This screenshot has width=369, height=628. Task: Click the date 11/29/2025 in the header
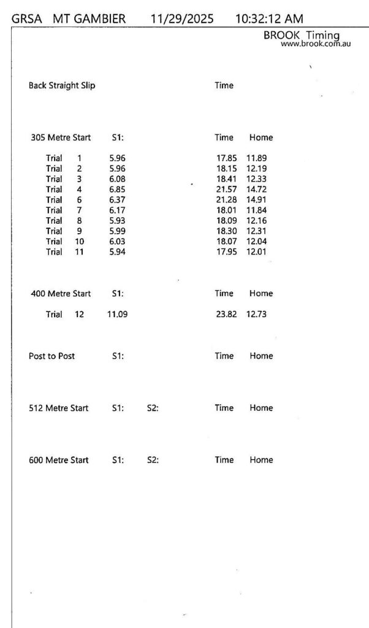(x=181, y=19)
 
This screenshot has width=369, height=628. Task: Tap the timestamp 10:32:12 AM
(x=269, y=19)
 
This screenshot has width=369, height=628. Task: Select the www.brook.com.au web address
(x=316, y=44)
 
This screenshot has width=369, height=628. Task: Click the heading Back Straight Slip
(x=62, y=85)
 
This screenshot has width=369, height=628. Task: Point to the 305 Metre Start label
(x=61, y=137)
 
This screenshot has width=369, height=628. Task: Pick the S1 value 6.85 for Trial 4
(x=117, y=189)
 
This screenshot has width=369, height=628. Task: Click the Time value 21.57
(x=226, y=189)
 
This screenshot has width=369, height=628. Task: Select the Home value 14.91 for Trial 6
(x=256, y=199)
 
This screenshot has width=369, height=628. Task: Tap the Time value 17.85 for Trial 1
(x=226, y=158)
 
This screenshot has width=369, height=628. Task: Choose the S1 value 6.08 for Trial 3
(x=117, y=178)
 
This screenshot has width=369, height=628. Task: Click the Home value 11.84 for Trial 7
(x=256, y=210)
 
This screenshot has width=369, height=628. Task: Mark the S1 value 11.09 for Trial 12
(x=117, y=314)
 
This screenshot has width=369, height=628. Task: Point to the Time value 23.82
(x=226, y=314)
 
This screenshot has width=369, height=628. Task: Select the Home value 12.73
(x=256, y=314)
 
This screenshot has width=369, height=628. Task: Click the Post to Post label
(x=52, y=356)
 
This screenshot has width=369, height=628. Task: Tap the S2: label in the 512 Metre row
(x=153, y=408)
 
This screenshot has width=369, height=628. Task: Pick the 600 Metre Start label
(x=59, y=460)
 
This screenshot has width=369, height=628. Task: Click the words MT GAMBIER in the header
(x=89, y=19)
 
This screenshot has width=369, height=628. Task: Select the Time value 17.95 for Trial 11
(x=226, y=251)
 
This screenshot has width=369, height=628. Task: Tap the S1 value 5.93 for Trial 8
(x=117, y=220)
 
